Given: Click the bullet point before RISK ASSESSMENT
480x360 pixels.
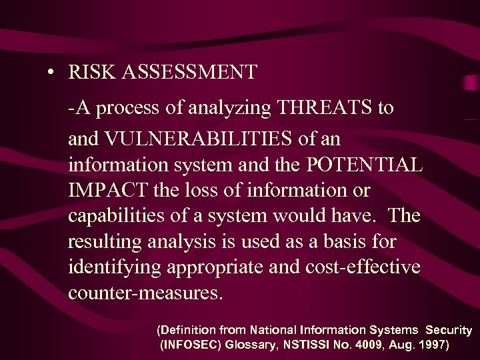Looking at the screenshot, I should pyautogui.click(x=51, y=72).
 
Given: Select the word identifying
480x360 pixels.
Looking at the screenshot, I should pyautogui.click(x=110, y=267).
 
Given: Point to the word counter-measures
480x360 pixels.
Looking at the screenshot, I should pyautogui.click(x=143, y=292).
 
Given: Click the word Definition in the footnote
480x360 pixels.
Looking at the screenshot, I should pyautogui.click(x=190, y=330).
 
